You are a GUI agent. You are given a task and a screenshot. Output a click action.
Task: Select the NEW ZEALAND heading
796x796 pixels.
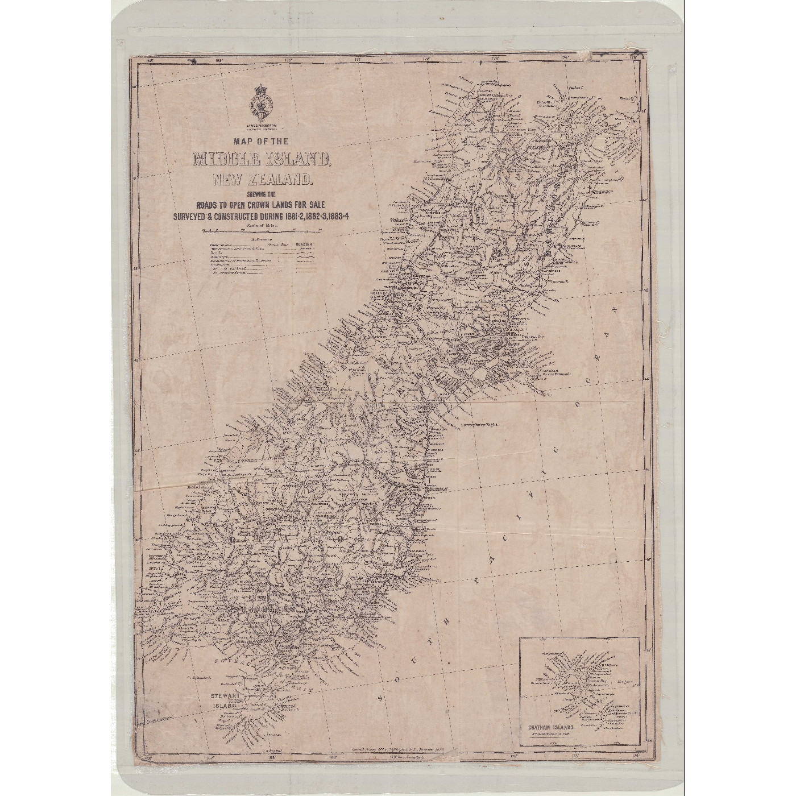coord(262,180)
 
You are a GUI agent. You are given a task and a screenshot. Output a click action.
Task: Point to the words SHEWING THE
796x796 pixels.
coord(262,196)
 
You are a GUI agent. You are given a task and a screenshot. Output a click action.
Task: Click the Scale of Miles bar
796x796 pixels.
coord(262,231)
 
